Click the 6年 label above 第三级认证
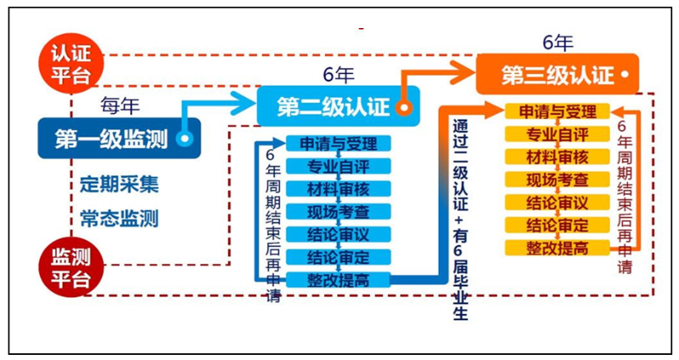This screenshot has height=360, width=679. tap(558, 42)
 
